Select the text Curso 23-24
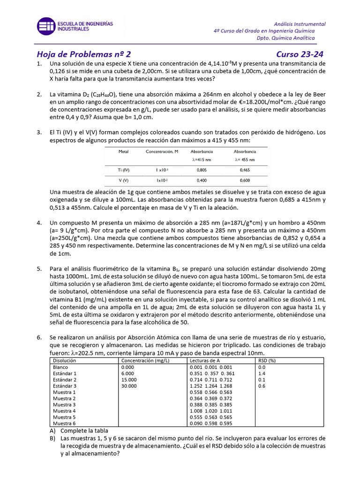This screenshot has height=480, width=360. click(303, 54)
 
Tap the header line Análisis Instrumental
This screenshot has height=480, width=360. click(300, 24)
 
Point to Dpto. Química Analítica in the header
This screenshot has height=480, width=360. click(290, 38)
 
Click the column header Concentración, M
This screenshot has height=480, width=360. click(162, 152)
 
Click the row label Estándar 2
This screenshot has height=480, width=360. click(65, 379)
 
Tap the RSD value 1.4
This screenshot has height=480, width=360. click(262, 373)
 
